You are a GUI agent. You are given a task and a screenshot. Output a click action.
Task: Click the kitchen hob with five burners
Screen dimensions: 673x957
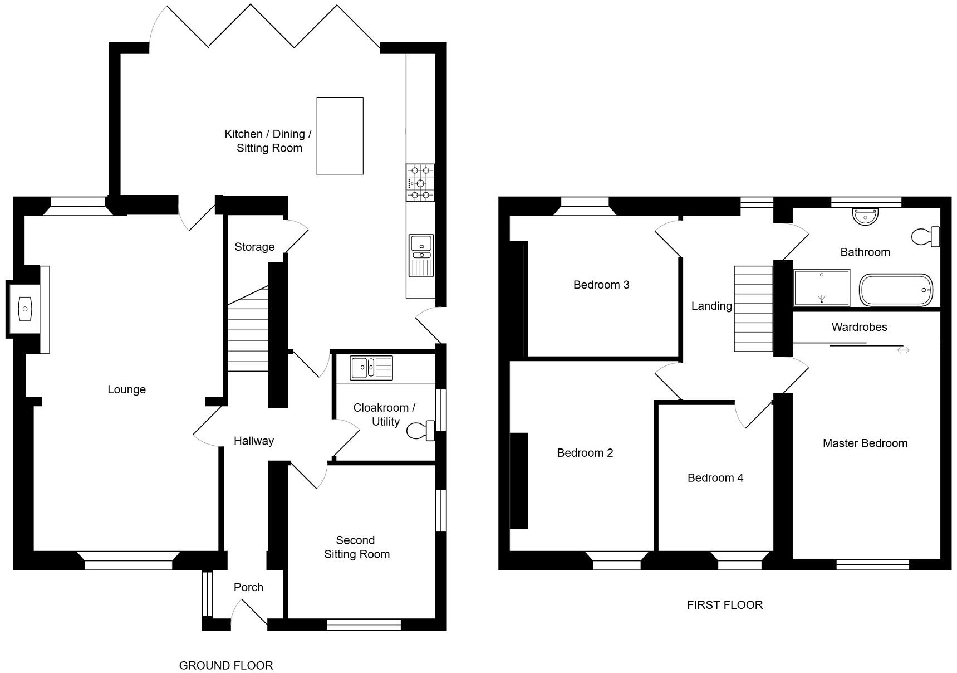(x=420, y=182)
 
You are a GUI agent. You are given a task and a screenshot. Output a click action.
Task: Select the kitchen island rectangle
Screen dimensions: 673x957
(x=340, y=136)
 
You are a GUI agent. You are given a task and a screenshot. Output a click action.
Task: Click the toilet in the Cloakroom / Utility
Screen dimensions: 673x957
(x=421, y=431)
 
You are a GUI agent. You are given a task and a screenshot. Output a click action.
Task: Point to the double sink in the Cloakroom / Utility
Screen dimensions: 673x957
(x=371, y=368)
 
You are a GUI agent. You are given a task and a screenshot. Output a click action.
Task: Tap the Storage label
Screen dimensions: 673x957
(x=254, y=247)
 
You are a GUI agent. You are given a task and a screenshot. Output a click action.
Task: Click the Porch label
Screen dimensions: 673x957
(x=248, y=587)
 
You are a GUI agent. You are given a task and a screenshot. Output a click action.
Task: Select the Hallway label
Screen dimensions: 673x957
(x=253, y=441)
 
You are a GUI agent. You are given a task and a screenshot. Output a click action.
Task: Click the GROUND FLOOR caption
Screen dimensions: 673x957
(x=225, y=665)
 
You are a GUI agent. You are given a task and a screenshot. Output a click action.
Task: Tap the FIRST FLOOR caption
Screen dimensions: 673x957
(x=724, y=605)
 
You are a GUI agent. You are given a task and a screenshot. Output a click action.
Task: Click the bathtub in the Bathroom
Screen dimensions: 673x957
(x=895, y=290)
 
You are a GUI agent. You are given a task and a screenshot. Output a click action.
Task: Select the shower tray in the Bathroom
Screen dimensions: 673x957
(x=821, y=287)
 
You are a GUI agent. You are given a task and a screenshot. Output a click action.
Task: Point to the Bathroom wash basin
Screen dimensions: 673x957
(x=865, y=216)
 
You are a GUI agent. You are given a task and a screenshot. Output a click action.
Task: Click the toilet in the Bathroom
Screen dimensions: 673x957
(x=925, y=236)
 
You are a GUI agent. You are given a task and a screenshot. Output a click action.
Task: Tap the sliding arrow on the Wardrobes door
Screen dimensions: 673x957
(x=903, y=350)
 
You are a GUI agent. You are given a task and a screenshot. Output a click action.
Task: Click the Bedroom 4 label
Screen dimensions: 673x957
(x=715, y=477)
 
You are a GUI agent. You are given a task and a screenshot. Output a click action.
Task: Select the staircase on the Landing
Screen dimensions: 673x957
(x=753, y=308)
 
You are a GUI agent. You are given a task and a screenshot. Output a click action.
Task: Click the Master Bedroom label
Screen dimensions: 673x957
(x=865, y=443)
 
